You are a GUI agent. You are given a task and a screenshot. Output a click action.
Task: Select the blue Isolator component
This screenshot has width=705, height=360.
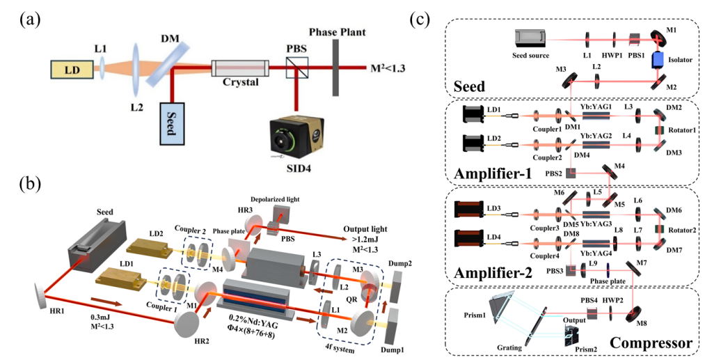coord(656,60)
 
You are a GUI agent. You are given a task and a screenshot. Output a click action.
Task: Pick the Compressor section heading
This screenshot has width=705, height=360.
coord(650,343)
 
